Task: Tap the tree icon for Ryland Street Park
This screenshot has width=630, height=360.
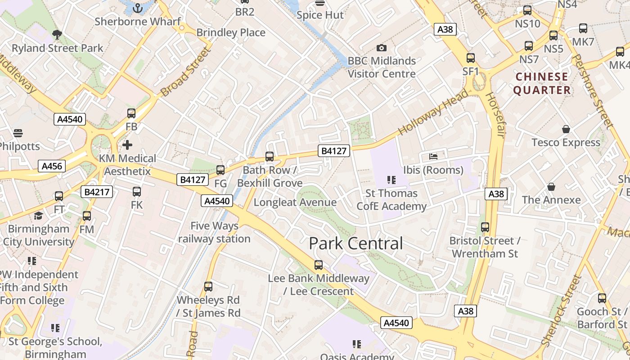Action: pyautogui.click(x=57, y=34)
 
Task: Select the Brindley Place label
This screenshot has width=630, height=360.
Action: pyautogui.click(x=231, y=32)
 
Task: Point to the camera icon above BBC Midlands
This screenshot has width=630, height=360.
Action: pyautogui.click(x=381, y=48)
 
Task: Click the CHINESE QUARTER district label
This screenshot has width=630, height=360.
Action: pyautogui.click(x=542, y=84)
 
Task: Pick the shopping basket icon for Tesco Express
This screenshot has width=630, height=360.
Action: pyautogui.click(x=566, y=130)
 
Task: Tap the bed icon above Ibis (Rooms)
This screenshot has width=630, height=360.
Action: pyautogui.click(x=433, y=157)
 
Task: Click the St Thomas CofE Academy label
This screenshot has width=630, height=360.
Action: pyautogui.click(x=391, y=200)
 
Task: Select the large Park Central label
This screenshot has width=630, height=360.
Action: pyautogui.click(x=356, y=243)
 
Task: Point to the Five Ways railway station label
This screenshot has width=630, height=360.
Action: pyautogui.click(x=214, y=232)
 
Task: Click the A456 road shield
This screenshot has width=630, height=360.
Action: pyautogui.click(x=52, y=166)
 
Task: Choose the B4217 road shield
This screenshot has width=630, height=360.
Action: pyautogui.click(x=97, y=192)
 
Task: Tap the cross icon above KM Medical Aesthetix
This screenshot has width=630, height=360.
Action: pyautogui.click(x=127, y=145)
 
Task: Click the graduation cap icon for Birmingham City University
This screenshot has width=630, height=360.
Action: pyautogui.click(x=38, y=216)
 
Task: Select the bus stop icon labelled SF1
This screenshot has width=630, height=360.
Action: pyautogui.click(x=471, y=58)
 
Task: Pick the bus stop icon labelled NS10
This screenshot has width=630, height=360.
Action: pyautogui.click(x=527, y=10)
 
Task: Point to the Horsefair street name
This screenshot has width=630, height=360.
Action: pyautogui.click(x=496, y=115)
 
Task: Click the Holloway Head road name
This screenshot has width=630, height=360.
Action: pyautogui.click(x=433, y=112)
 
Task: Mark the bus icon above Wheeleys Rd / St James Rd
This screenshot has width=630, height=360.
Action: pyautogui.click(x=208, y=287)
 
